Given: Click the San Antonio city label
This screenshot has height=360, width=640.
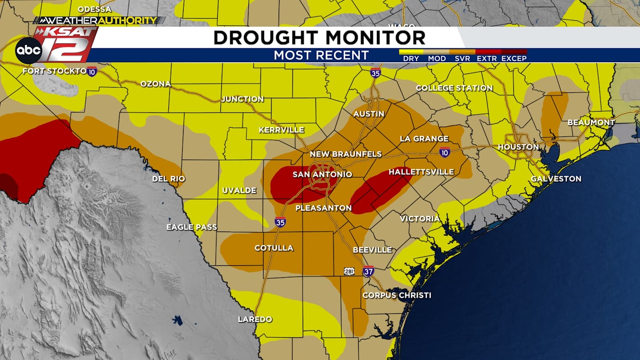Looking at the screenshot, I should pyautogui.click(x=322, y=175).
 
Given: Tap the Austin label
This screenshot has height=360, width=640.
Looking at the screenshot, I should pyautogui.click(x=368, y=114).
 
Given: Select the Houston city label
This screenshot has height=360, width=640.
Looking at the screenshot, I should pyautogui.click(x=518, y=147).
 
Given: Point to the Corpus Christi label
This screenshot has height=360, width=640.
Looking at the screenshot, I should pyautogui.click(x=396, y=295).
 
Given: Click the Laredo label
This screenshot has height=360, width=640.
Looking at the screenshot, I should pyautogui.click(x=255, y=319).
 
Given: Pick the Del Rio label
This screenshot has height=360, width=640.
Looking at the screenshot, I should pyautogui.click(x=168, y=179).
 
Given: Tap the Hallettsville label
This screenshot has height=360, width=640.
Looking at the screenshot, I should pyautogui.click(x=421, y=172).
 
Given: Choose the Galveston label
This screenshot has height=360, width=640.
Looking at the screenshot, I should pyautogui.click(x=556, y=179).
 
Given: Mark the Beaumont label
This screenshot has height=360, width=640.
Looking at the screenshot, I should pyautogui.click(x=591, y=122).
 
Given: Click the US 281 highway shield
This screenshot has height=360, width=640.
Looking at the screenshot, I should pyautogui.click(x=349, y=271).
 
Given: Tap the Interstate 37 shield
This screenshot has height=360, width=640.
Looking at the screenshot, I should pyautogui.click(x=368, y=271).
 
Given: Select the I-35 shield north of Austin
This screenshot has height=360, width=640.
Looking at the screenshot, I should pyautogui.click(x=376, y=73).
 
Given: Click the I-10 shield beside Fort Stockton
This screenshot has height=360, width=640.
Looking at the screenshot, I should pyautogui.click(x=92, y=71).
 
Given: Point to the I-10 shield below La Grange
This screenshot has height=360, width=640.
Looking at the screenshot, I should pyautogui.click(x=444, y=152).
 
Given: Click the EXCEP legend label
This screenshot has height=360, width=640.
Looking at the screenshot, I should pyautogui.click(x=514, y=59).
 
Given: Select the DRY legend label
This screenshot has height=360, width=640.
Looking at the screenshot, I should pyautogui.click(x=411, y=59).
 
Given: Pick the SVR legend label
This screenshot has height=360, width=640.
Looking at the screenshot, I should pyautogui.click(x=462, y=59).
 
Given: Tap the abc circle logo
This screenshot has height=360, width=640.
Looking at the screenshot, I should pyautogui.click(x=28, y=51).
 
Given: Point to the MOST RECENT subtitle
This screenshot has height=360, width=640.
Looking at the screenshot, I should pyautogui.click(x=321, y=56).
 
